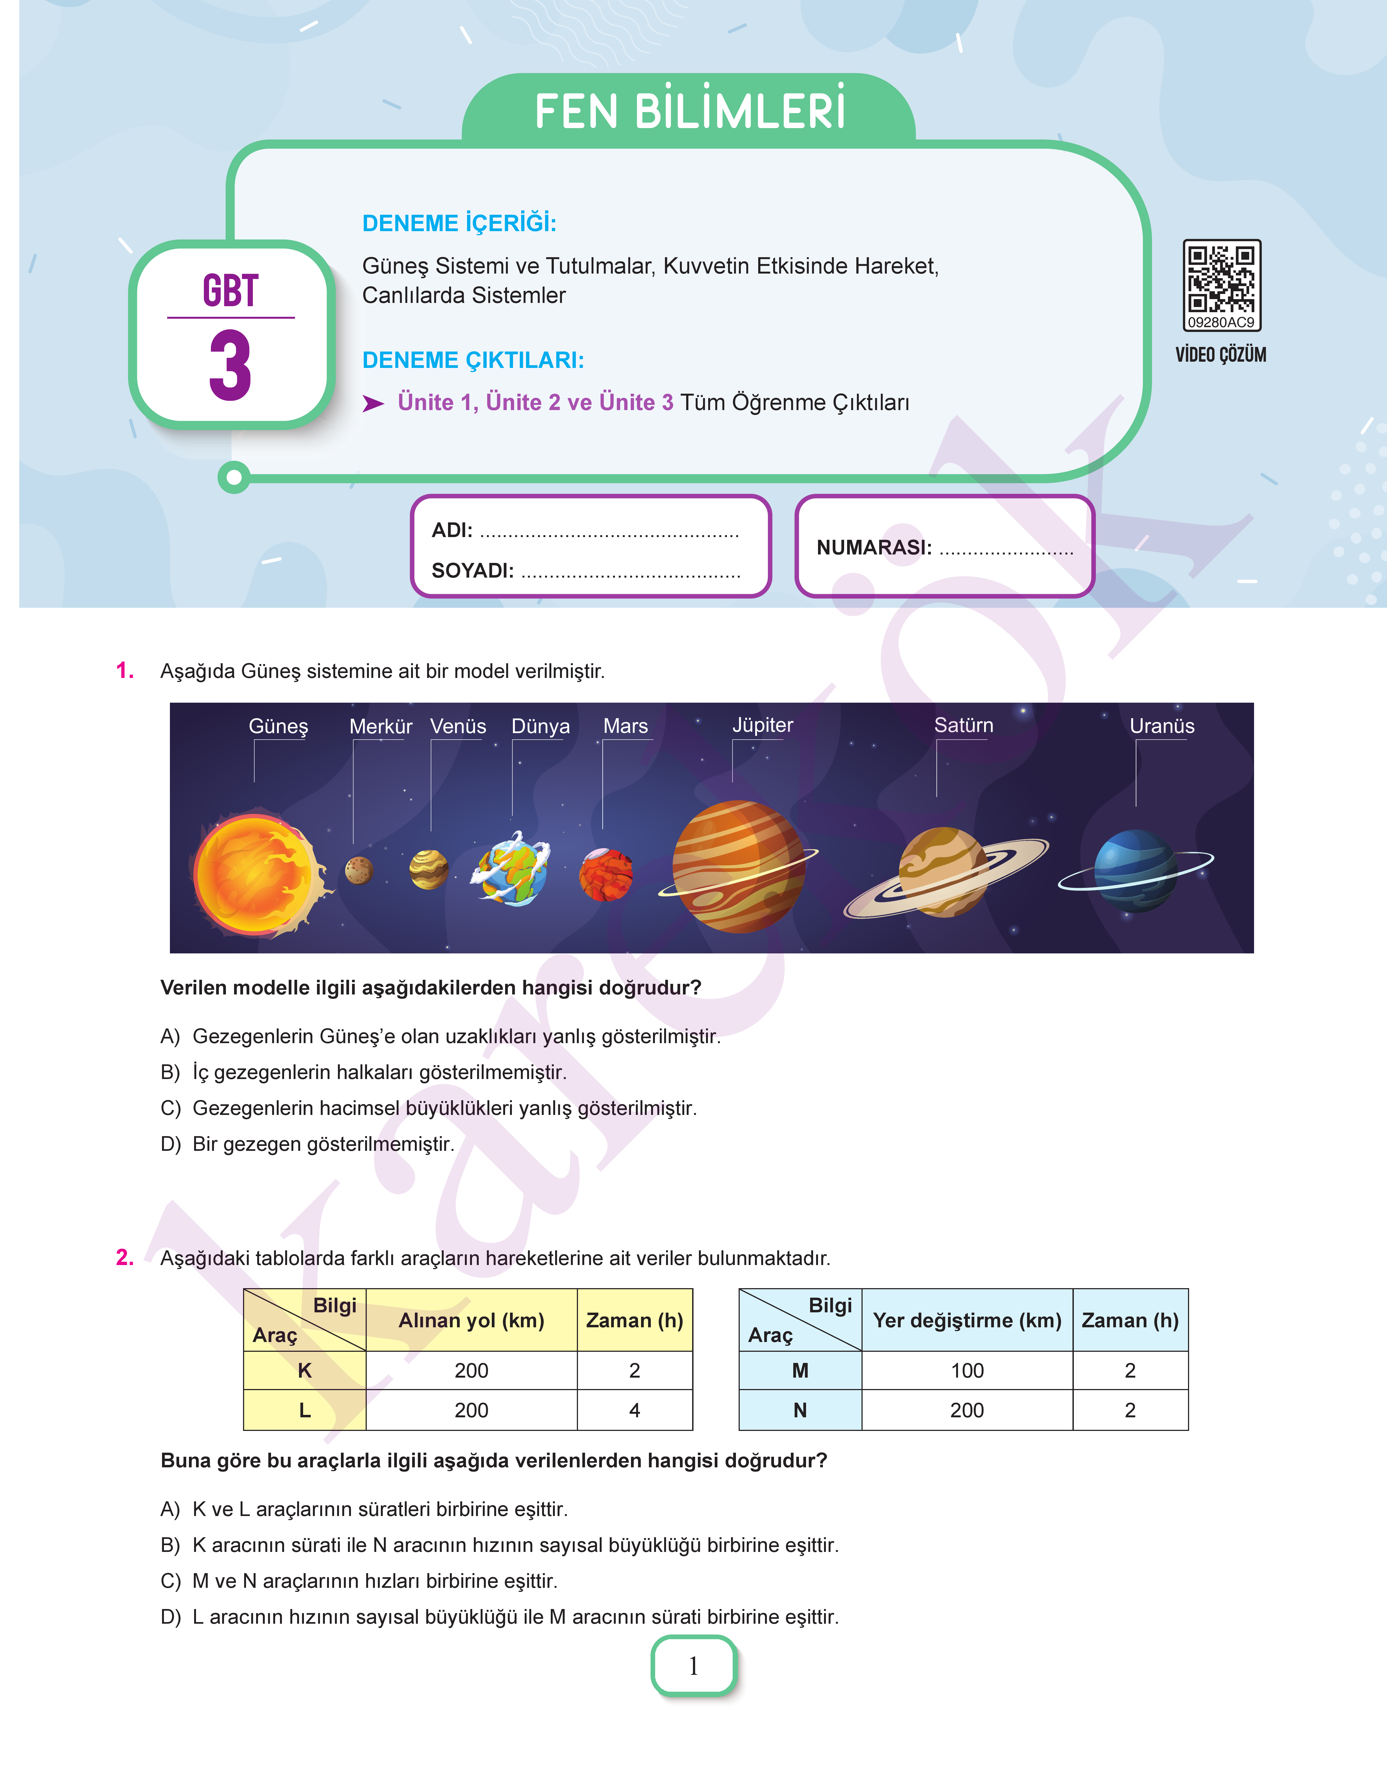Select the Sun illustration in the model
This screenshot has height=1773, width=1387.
256,875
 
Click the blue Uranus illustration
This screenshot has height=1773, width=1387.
1135,870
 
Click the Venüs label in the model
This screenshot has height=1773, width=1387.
458,726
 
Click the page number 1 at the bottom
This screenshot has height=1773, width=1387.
693,1666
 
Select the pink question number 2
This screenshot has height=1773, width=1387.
125,1257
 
